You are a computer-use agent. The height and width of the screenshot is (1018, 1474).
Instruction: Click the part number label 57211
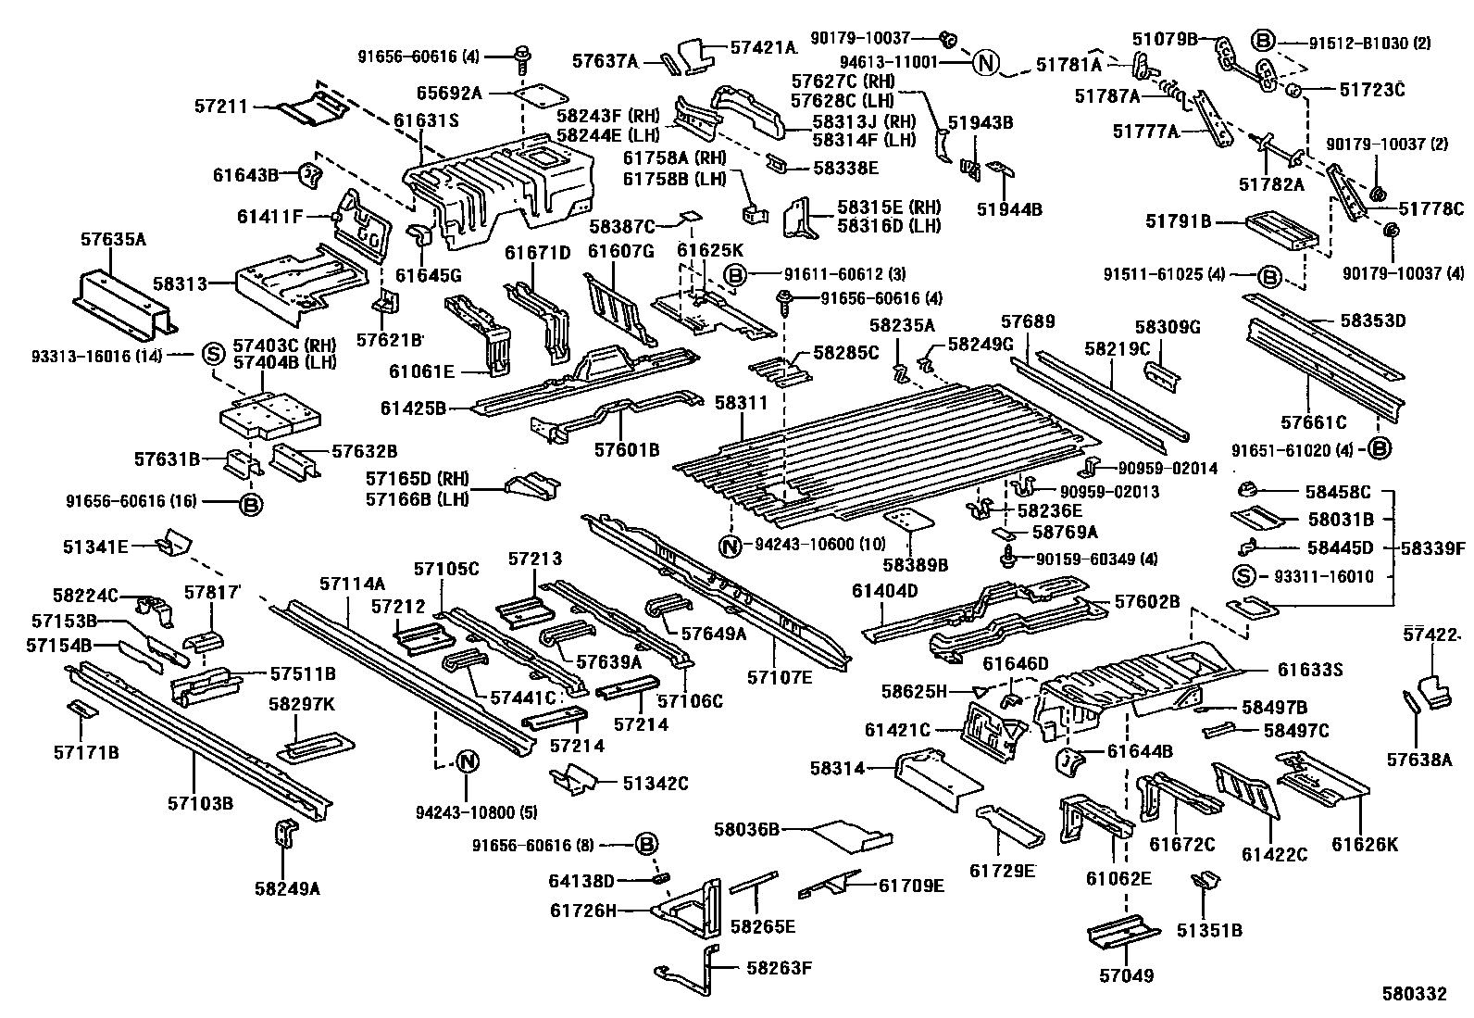[x=221, y=107]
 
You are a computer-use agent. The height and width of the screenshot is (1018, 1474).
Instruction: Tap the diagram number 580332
[x=1414, y=994]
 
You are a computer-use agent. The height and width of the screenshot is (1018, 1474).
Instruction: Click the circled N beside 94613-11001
[x=986, y=63]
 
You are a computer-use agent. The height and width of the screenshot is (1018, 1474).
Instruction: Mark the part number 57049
[x=1127, y=975]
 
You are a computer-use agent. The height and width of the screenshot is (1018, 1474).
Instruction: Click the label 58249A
[x=287, y=888]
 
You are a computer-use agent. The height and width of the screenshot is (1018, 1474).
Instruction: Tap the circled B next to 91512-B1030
[x=1263, y=42]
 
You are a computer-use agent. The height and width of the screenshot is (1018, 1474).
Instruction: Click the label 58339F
[x=1432, y=548]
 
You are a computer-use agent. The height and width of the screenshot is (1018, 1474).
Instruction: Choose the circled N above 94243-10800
[x=468, y=762]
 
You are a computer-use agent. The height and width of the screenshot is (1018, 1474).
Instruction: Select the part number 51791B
[x=1178, y=221]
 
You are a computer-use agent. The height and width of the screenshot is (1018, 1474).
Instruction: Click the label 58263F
[x=779, y=969]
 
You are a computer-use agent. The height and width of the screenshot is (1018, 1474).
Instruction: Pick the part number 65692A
[x=449, y=93]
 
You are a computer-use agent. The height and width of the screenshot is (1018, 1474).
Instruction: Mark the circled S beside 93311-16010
[x=1245, y=576]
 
